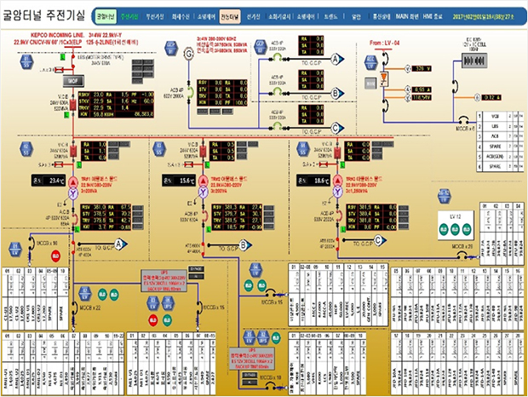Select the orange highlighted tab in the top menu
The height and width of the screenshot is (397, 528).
click(229, 15)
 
